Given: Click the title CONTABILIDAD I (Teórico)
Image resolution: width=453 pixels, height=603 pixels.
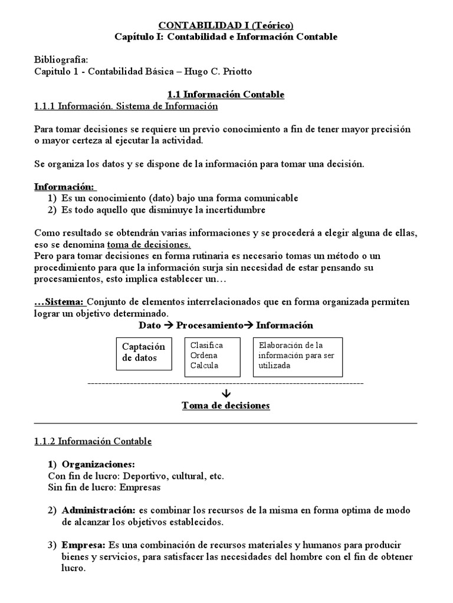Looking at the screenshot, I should click(x=226, y=25).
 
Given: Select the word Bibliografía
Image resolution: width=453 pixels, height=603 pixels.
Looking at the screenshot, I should click(x=61, y=60).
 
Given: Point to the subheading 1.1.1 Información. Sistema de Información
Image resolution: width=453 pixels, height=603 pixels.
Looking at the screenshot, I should click(x=126, y=107).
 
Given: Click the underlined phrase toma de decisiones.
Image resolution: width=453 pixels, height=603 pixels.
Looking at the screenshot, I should click(x=149, y=244).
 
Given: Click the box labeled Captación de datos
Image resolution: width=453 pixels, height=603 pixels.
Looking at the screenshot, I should click(x=145, y=352).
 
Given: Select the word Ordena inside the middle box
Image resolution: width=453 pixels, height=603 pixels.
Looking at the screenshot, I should click(x=203, y=355).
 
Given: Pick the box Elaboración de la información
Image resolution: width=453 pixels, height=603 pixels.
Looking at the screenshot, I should click(x=298, y=355).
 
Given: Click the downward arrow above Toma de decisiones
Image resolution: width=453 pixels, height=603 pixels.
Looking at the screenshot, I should click(x=226, y=393).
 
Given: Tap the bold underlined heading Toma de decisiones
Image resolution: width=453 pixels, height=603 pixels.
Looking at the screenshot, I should click(x=226, y=406).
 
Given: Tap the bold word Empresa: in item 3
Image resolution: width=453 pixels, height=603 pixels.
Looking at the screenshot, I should click(x=83, y=545).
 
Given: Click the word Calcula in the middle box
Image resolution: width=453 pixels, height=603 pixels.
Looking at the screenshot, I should click(x=204, y=365).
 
